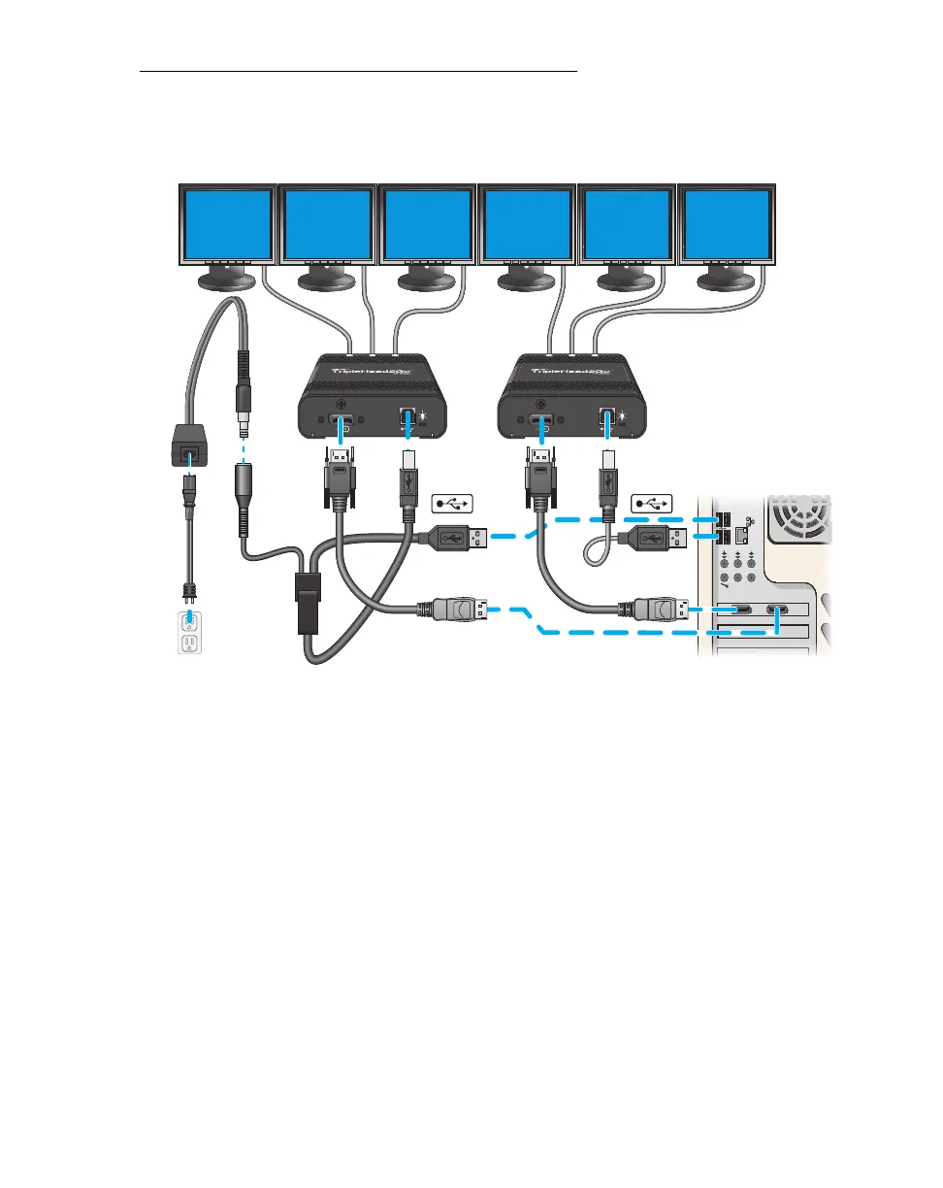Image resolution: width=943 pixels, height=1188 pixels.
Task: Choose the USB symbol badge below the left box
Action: tap(452, 504)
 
